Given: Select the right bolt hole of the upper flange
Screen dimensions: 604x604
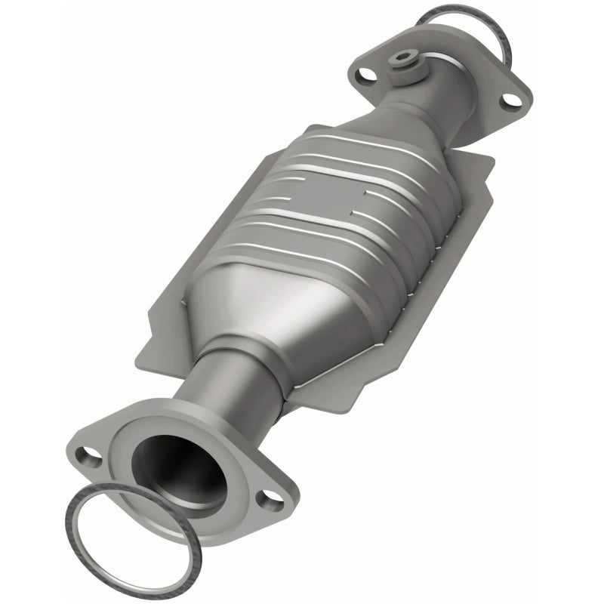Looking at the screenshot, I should [x=510, y=99].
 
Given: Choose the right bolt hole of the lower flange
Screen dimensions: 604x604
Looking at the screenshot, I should [x=267, y=499].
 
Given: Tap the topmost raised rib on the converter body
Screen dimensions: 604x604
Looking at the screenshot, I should [x=355, y=143].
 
